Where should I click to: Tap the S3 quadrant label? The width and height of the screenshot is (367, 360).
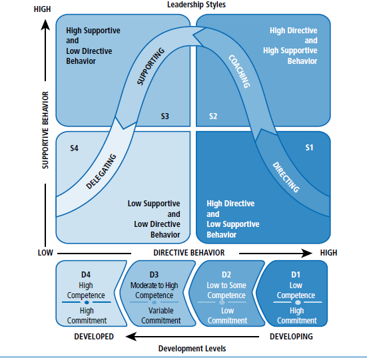pyautogui.click(x=165, y=116)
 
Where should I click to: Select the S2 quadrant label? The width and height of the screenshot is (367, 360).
pyautogui.click(x=213, y=116)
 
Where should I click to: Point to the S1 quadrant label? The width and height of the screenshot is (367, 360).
pyautogui.click(x=309, y=148)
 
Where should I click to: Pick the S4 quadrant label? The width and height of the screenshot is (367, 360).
pyautogui.click(x=75, y=148)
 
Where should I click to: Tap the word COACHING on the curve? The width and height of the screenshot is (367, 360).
pyautogui.click(x=238, y=71)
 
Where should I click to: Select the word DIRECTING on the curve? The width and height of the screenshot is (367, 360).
pyautogui.click(x=286, y=176)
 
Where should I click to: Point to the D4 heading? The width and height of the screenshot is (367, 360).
pyautogui.click(x=87, y=273)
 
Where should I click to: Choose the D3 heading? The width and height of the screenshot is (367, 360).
pyautogui.click(x=154, y=273)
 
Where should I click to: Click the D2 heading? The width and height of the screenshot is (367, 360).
pyautogui.click(x=226, y=273)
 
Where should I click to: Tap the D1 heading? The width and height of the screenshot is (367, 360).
pyautogui.click(x=296, y=273)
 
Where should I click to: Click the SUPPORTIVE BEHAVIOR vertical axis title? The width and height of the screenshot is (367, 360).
pyautogui.click(x=46, y=130)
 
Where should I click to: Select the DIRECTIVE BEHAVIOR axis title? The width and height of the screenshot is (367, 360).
pyautogui.click(x=188, y=253)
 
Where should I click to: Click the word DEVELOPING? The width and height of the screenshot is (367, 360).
pyautogui.click(x=291, y=336)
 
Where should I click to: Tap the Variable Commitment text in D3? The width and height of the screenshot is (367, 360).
pyautogui.click(x=161, y=315)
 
